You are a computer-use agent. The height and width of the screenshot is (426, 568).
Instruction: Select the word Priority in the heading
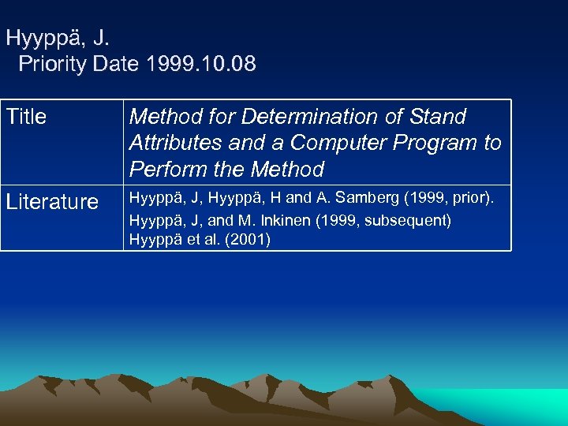[x=51, y=64]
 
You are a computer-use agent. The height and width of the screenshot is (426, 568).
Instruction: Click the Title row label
[x=27, y=117]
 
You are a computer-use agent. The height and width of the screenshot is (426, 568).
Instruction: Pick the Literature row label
[x=52, y=202]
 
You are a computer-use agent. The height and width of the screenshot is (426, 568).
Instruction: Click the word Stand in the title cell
[x=438, y=117]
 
